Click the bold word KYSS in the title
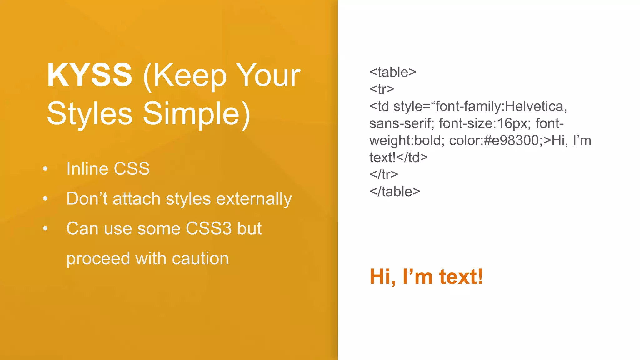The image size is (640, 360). click(90, 75)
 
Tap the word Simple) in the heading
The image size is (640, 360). click(197, 114)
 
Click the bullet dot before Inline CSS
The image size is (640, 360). click(46, 169)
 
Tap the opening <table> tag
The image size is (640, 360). click(393, 72)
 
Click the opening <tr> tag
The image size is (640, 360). click(382, 89)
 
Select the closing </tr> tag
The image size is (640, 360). click(383, 174)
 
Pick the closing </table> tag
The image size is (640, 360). click(395, 192)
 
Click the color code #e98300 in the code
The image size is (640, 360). click(511, 140)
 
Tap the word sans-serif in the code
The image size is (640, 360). click(402, 123)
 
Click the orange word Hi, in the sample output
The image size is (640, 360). click(383, 277)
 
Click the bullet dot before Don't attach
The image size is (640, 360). click(46, 199)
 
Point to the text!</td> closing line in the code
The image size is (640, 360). click(398, 157)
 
